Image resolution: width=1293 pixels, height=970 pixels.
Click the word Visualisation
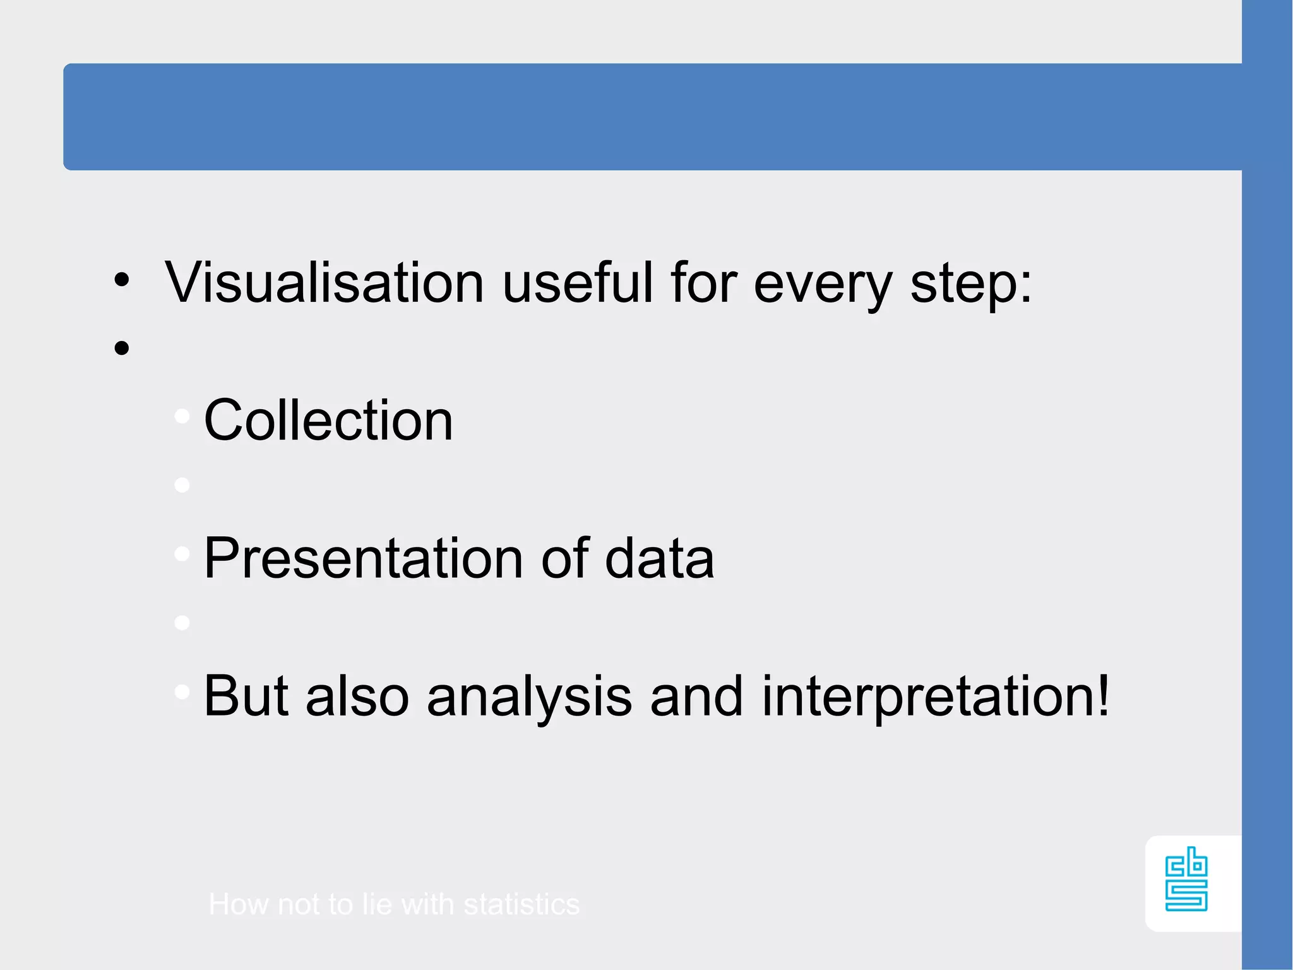pos(324,283)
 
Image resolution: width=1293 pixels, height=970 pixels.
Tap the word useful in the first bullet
pos(577,283)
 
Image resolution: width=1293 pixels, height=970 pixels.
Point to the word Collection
pos(328,421)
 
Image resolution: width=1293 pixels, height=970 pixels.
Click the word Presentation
pos(363,558)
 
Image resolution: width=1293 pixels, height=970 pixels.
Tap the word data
pos(659,558)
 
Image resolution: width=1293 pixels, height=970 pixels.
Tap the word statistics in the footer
pos(521,904)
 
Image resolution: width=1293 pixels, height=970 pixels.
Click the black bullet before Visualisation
pos(122,279)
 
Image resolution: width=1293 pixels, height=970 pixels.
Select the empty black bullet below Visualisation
pos(122,348)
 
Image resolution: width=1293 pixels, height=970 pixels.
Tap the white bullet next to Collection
pos(182,416)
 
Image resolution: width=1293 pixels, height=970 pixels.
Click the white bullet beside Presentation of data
pos(182,554)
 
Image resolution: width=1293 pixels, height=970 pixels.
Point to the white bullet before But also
pos(182,692)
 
